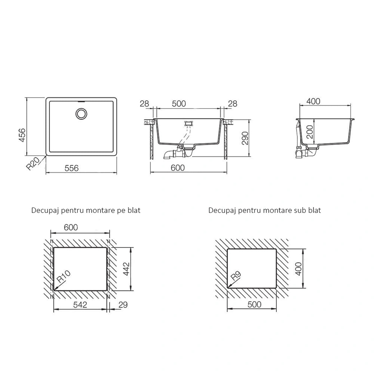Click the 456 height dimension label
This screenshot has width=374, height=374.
tap(22, 135)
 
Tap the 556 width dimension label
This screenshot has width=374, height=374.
tap(71, 168)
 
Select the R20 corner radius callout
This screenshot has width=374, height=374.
tap(33, 163)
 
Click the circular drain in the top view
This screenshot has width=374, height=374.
tap(81, 114)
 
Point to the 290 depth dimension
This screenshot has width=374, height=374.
tap(245, 138)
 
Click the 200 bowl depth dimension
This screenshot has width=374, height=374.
tap(310, 132)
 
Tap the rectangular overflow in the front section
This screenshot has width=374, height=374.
tap(188, 123)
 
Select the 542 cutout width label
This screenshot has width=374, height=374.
tap(80, 304)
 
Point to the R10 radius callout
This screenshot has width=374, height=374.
tap(64, 277)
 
